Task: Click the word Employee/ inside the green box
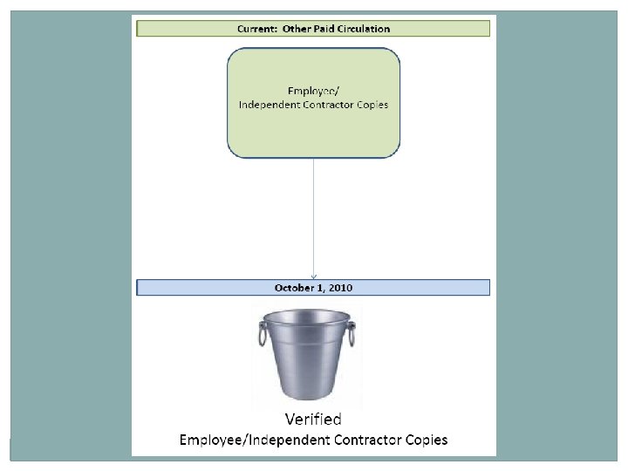(314, 91)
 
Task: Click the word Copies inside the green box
(373, 105)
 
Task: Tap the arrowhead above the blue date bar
(314, 276)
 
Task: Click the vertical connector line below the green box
(314, 218)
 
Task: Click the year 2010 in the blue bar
(339, 288)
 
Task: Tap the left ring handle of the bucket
(262, 334)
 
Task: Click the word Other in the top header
(292, 29)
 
